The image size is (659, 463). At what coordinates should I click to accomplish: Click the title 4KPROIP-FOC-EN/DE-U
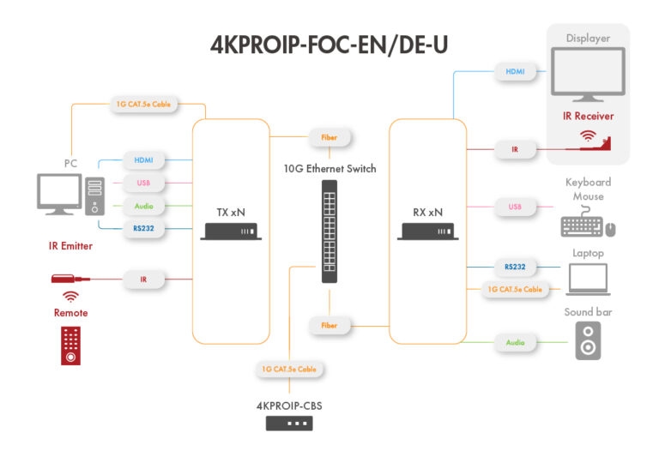click(x=329, y=45)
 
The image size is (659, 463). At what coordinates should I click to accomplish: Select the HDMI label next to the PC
click(x=143, y=160)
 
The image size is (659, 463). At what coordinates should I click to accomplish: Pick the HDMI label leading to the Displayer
click(x=515, y=71)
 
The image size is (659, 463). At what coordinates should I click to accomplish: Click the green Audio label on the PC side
click(x=143, y=206)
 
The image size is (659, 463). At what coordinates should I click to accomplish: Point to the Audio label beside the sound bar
click(x=515, y=343)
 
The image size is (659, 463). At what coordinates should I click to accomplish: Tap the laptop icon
click(x=588, y=280)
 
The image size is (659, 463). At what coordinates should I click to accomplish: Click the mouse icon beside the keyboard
click(x=611, y=229)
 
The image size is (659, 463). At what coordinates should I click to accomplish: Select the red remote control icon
click(x=71, y=346)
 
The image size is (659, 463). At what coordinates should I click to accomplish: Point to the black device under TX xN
click(x=230, y=231)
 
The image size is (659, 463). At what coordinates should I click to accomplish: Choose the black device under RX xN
click(x=427, y=231)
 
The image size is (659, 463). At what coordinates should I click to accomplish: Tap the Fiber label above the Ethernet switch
click(x=329, y=137)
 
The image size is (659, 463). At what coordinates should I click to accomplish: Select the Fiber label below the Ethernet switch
click(x=329, y=326)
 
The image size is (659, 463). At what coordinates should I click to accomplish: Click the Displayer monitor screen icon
click(x=588, y=72)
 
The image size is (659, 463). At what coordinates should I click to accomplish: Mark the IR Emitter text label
click(x=70, y=246)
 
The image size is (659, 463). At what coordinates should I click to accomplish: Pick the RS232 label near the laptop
click(x=515, y=267)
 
